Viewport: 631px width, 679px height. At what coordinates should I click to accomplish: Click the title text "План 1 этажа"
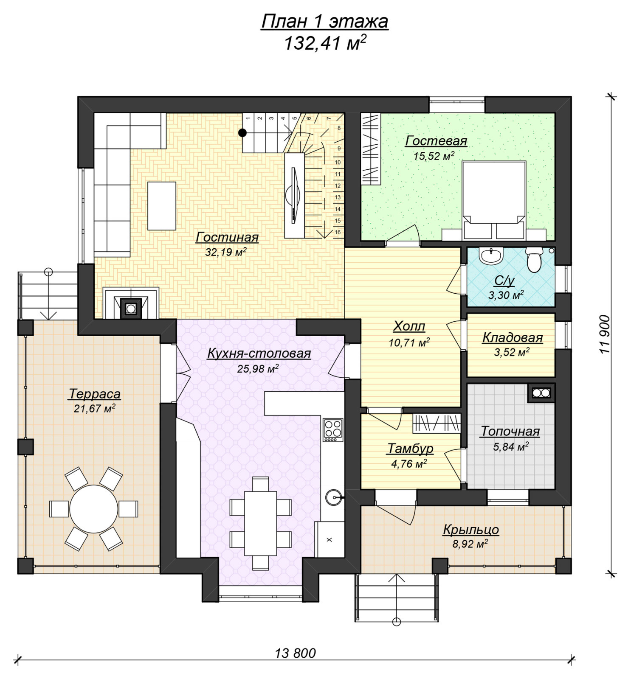pos(324,21)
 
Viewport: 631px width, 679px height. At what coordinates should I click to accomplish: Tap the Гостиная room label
pos(227,237)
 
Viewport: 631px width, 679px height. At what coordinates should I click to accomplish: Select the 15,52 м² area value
pos(434,156)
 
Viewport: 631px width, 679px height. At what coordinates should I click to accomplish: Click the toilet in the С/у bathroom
pos(534,259)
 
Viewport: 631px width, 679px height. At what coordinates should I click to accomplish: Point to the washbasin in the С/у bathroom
pos(491,256)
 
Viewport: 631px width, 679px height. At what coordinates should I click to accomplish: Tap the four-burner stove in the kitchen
pos(333,429)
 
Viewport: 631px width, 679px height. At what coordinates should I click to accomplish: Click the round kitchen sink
pos(333,497)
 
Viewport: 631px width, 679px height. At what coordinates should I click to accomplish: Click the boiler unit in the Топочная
pos(541,393)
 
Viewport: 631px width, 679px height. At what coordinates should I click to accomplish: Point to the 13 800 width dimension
pos(296,653)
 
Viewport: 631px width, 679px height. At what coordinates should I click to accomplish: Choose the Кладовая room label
pos(513,338)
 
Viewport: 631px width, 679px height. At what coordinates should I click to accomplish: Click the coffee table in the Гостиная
pos(162,206)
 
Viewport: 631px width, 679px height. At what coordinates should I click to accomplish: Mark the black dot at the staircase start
pos(242,133)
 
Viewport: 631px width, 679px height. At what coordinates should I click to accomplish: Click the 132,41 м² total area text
pos(325,43)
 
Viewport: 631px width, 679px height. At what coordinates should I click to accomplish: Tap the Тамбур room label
pos(410,449)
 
